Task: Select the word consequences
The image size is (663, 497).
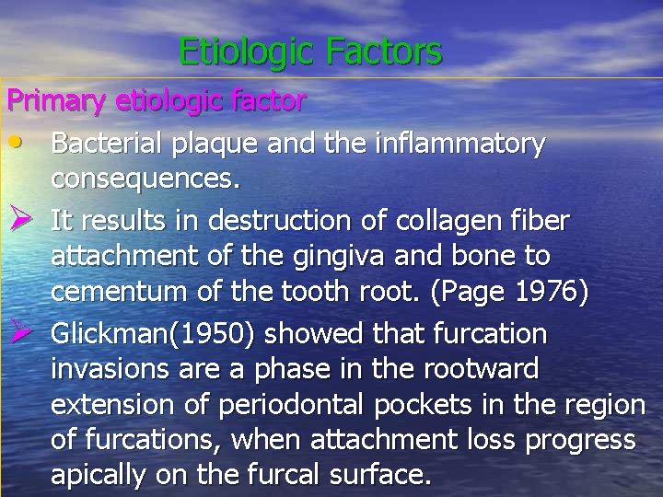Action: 146,181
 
